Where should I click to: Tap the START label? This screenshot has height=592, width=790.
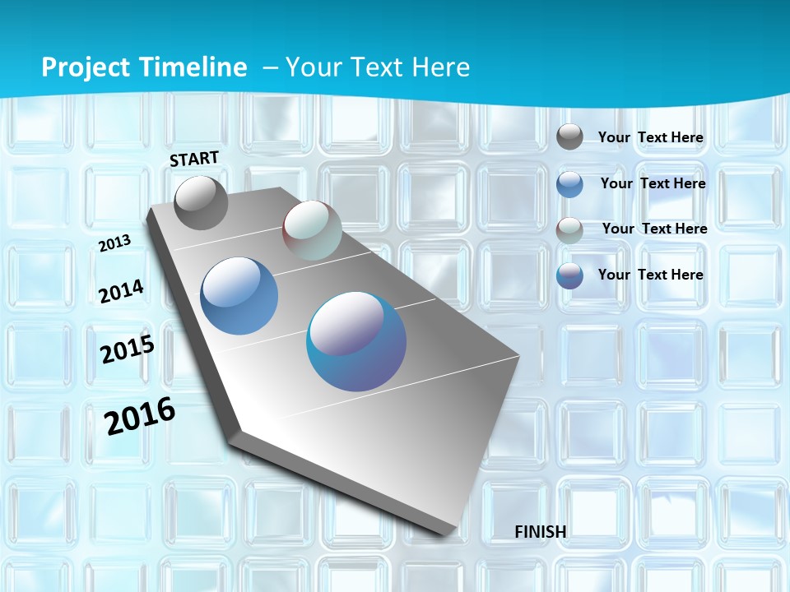194,159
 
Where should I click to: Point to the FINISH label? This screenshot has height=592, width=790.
540,532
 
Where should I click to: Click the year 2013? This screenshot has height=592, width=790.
115,243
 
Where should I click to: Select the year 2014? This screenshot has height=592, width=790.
121,291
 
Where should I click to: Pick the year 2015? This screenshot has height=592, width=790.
128,349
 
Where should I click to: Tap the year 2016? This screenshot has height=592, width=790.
140,416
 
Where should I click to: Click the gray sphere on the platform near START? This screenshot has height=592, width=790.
201,202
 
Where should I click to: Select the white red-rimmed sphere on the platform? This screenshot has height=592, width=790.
312,230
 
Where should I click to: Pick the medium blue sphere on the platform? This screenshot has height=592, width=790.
239,296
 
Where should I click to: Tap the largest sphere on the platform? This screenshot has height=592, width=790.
356,341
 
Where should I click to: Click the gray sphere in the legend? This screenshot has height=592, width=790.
569,136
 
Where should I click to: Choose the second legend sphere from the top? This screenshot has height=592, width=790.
569,184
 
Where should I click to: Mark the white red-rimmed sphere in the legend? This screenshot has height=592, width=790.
569,230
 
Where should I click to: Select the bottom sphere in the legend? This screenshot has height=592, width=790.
569,275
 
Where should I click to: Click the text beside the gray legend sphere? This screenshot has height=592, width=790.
651,137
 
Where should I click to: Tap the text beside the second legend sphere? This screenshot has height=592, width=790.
653,183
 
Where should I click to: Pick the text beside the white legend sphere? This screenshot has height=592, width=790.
654,229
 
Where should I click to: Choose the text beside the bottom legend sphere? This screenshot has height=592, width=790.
651,275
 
